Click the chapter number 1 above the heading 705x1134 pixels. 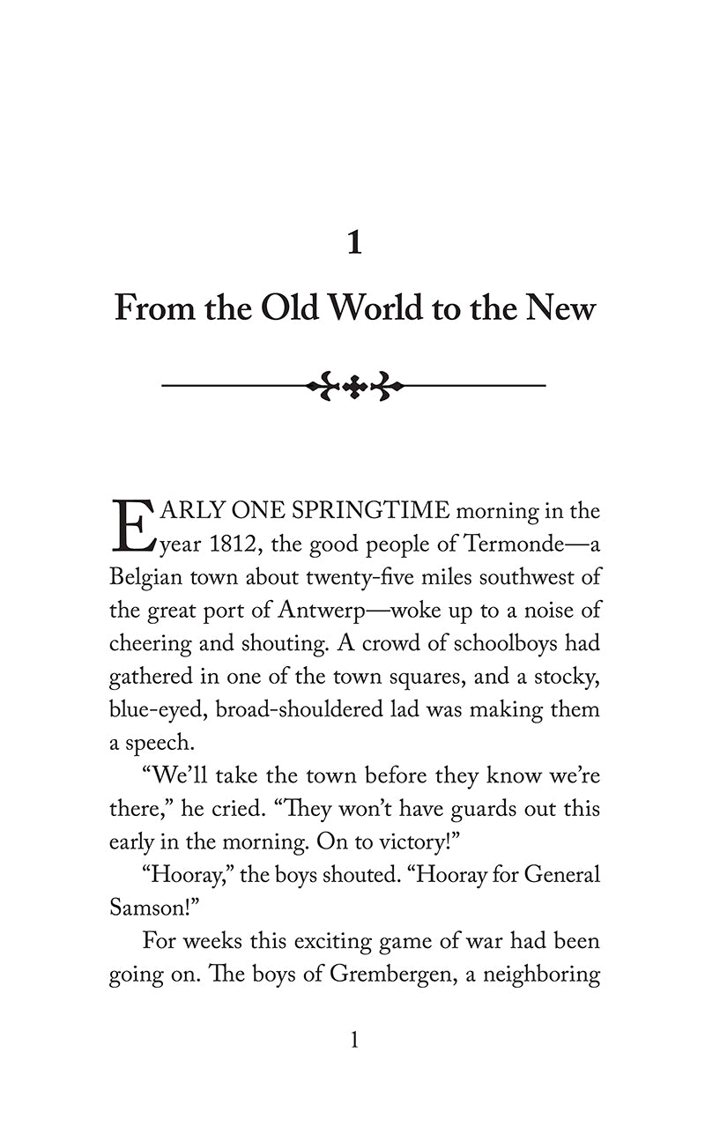(x=354, y=241)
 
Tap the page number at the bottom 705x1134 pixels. (x=354, y=1041)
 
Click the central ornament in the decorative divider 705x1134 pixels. (x=354, y=385)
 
